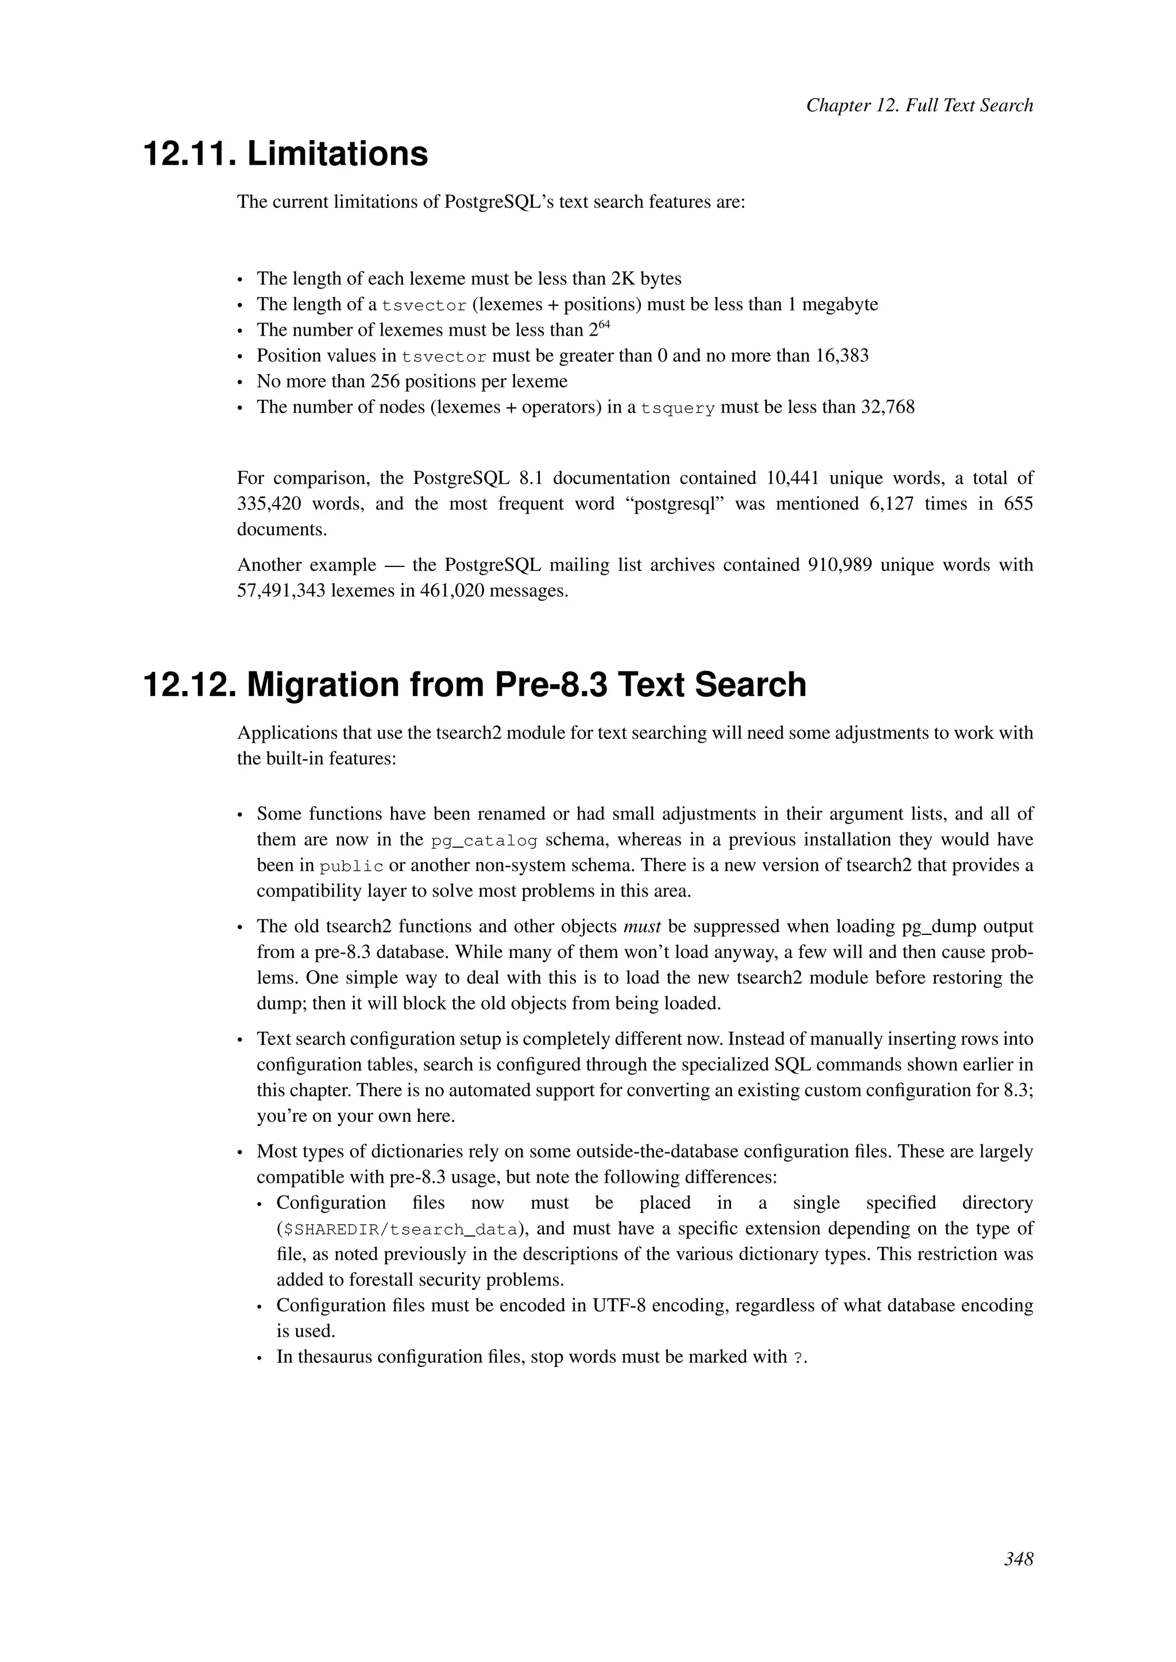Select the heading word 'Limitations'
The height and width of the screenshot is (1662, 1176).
pos(338,154)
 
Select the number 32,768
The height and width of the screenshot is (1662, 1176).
pos(887,407)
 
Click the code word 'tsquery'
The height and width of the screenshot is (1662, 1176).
pos(678,408)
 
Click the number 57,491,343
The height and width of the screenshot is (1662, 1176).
pos(280,591)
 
